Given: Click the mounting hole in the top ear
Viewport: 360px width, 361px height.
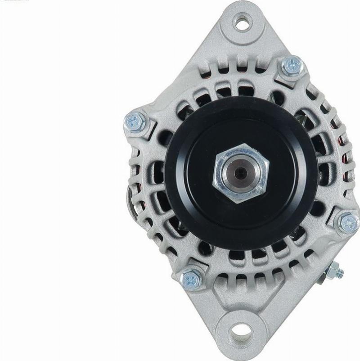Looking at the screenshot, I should tap(242, 22).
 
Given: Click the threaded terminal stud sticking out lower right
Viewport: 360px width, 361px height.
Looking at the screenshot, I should tap(338, 271).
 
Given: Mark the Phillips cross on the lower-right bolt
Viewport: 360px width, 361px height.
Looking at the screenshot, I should tap(348, 222).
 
